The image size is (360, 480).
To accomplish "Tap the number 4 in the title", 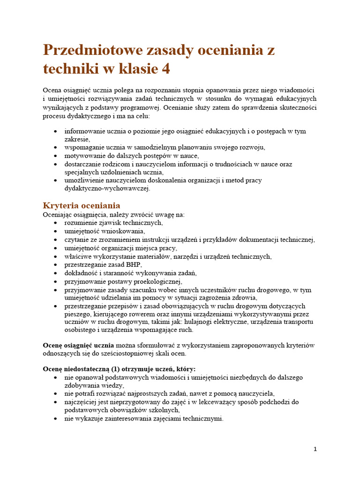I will (165, 69).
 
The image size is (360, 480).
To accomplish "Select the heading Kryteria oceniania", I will (82, 205).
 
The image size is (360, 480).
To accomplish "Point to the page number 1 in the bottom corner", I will (315, 449).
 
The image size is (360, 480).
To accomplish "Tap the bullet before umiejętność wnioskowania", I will (56, 232).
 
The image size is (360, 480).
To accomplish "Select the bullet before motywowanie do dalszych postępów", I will (56, 156).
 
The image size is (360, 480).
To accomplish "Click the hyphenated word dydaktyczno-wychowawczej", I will (107, 188).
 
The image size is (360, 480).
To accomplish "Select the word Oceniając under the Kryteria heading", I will (59, 215).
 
